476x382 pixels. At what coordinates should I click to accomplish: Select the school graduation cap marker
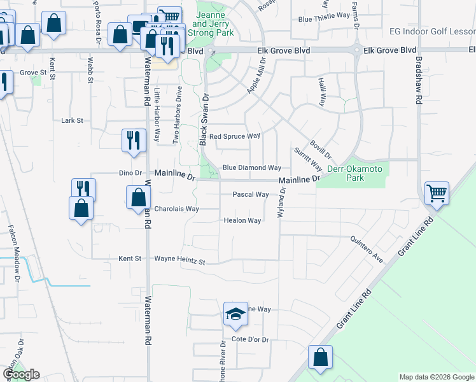[x=235, y=313]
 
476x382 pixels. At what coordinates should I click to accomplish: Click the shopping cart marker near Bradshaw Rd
[x=437, y=193]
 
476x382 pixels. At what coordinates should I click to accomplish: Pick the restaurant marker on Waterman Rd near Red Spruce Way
[x=134, y=140]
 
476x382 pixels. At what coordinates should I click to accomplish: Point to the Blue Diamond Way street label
[x=251, y=168]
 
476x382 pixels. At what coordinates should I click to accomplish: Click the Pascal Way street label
[x=250, y=195]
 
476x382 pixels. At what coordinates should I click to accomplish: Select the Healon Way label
[x=242, y=221]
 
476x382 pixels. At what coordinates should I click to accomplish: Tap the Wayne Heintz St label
[x=181, y=260]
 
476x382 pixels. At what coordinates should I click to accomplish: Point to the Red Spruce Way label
[x=235, y=136]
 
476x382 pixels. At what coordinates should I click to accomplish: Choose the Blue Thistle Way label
[x=324, y=20]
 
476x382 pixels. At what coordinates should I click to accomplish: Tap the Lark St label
[x=72, y=120]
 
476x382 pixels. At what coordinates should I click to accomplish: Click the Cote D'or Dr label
[x=251, y=339]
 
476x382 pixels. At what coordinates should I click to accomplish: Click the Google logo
[x=21, y=374]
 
